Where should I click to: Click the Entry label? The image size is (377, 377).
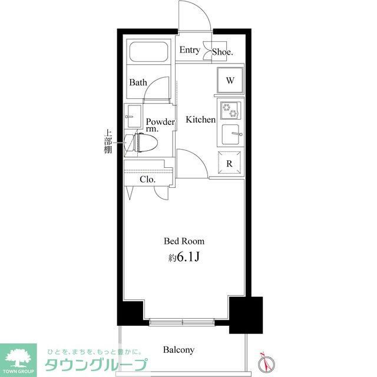coord(190,50)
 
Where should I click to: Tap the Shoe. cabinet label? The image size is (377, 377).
coord(223,52)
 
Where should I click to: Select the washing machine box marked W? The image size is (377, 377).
coord(230,81)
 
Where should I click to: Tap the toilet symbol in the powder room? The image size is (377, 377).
coord(144,143)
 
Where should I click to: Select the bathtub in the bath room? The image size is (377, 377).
coord(148,53)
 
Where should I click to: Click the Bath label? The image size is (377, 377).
coord(138,82)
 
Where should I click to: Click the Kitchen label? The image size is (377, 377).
coord(201,120)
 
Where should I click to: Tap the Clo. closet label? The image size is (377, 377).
coord(147,180)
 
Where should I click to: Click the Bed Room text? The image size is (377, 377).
coord(184,241)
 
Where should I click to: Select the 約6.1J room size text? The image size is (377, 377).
coord(184,257)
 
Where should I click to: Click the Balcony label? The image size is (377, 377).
coord(179,350)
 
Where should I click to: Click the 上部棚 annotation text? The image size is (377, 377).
coord(108,141)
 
